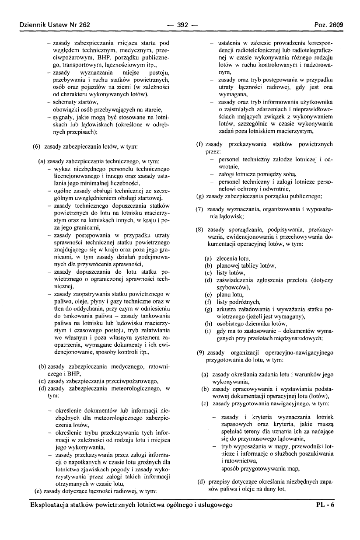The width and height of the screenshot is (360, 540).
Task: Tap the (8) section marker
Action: [x=200, y=230]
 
